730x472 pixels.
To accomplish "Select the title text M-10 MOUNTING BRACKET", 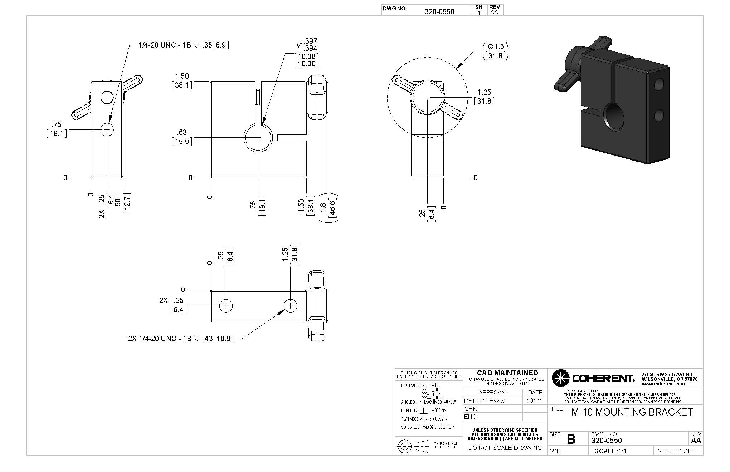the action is point(632,412).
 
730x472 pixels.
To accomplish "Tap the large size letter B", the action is point(571,439).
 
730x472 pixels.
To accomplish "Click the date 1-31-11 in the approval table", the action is point(534,401).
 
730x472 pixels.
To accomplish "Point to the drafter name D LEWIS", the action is point(492,401).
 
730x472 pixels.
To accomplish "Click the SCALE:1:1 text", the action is point(610,451).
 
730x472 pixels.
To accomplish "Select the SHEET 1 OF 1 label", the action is point(677,451).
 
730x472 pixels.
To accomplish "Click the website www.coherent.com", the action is point(663,384).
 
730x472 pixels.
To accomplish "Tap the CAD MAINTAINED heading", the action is point(507,373).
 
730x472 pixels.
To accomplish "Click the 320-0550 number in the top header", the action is point(439,11).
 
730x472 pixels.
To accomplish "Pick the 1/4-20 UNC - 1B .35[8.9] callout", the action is point(184,45).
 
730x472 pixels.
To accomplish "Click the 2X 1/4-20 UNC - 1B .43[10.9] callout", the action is point(181,338).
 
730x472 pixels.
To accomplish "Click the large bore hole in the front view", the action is point(258,138).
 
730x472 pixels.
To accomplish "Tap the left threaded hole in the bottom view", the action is point(226,306).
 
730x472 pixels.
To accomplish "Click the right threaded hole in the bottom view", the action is point(291,306).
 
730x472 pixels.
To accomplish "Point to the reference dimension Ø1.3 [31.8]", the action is point(496,51).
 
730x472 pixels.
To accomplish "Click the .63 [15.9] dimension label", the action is point(182,137).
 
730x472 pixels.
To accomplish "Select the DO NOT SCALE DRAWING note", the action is point(505,448).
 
